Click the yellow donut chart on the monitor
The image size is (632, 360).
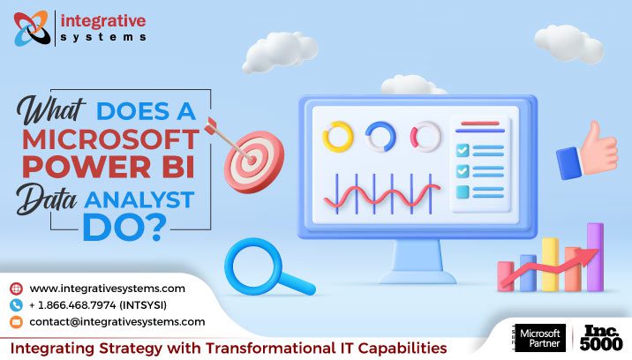pyautogui.click(x=338, y=137)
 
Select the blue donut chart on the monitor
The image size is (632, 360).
pyautogui.click(x=382, y=137)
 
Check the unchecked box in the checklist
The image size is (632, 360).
pyautogui.click(x=462, y=191)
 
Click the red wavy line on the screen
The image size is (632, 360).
pyautogui.click(x=381, y=192)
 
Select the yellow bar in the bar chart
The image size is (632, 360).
pyautogui.click(x=551, y=264)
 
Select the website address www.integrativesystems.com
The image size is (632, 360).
pyautogui.click(x=107, y=289)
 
